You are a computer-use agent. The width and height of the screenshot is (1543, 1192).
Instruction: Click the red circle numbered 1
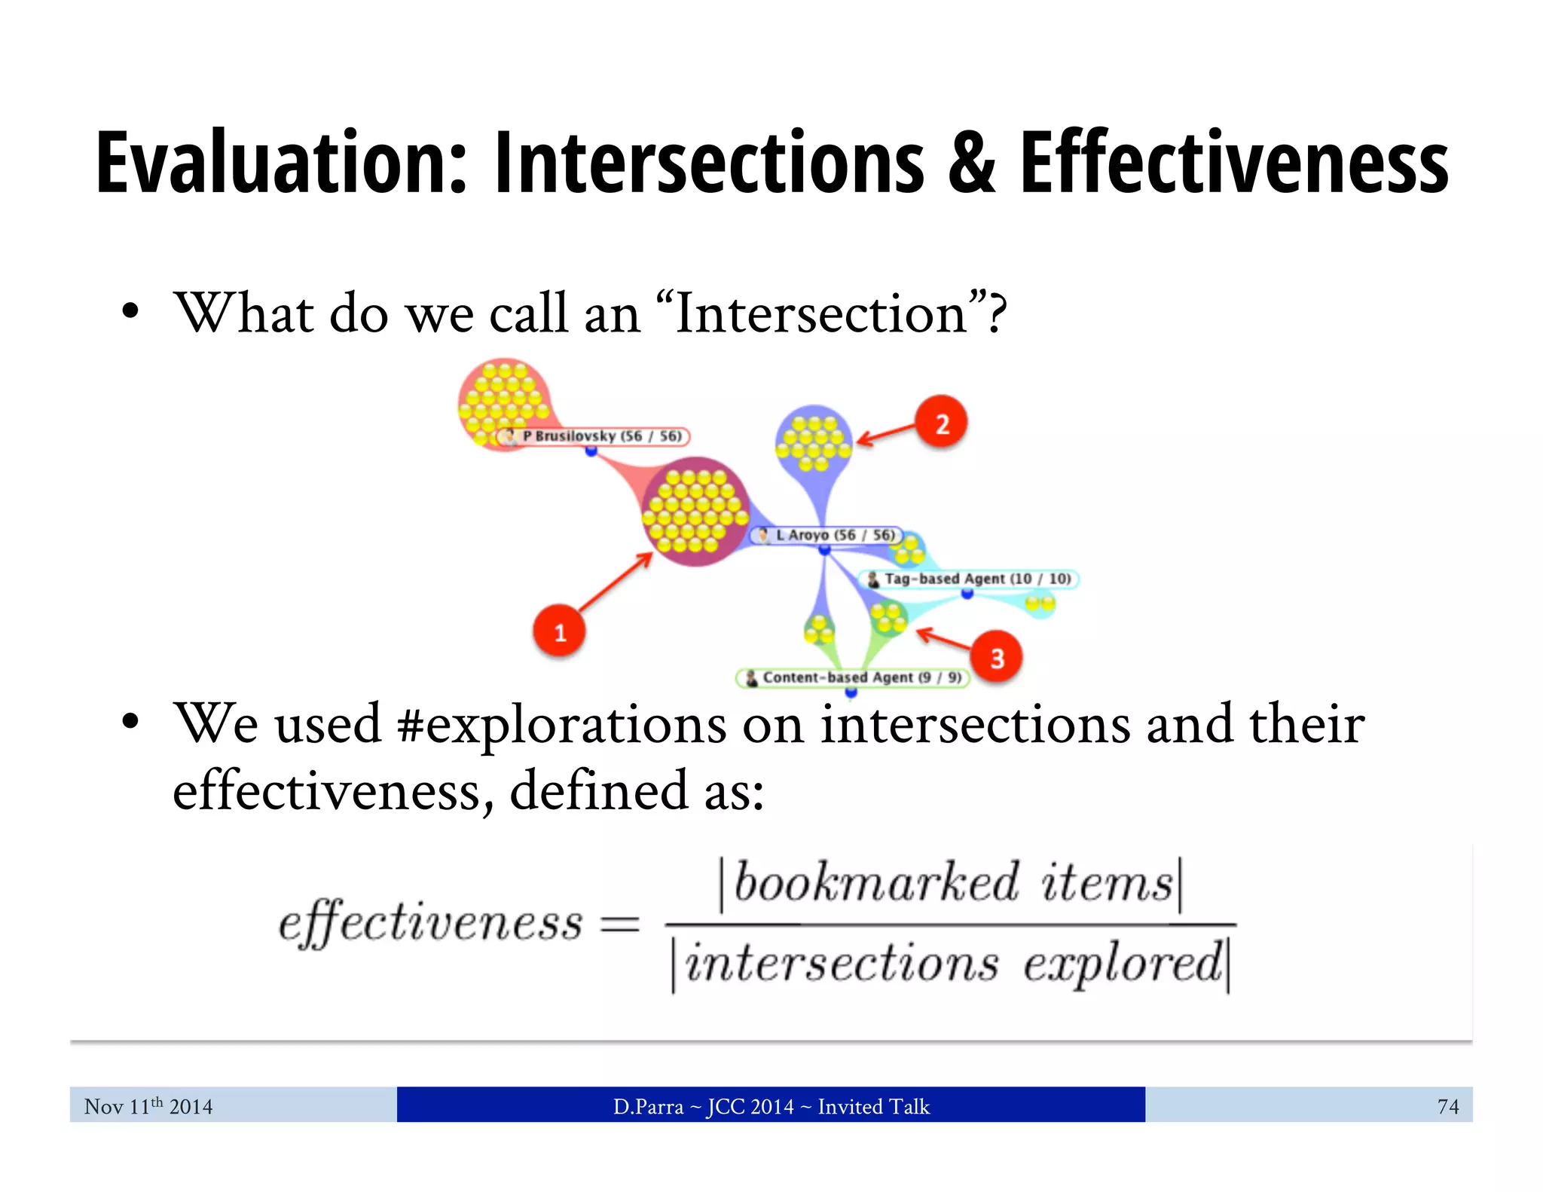tap(559, 631)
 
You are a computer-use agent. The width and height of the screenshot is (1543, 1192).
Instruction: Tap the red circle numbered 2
tap(941, 423)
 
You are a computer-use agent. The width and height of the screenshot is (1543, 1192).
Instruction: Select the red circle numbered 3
tap(996, 657)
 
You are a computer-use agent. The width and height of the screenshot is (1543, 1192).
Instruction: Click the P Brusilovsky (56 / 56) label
tap(594, 436)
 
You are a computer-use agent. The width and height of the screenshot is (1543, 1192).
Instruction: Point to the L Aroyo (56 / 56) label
tap(826, 535)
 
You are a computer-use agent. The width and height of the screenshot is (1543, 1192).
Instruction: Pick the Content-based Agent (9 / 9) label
tap(853, 677)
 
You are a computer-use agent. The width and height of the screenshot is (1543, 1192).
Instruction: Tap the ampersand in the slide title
tap(971, 164)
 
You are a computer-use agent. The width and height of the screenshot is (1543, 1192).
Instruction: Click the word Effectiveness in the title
tap(1234, 164)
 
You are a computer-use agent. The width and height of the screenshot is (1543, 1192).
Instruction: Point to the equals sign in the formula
tap(619, 924)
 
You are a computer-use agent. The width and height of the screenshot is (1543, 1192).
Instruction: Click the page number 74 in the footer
tap(1447, 1106)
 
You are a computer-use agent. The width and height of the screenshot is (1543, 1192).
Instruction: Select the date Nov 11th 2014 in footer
tap(148, 1106)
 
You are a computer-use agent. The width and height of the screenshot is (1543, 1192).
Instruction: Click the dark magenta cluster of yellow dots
tap(695, 511)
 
